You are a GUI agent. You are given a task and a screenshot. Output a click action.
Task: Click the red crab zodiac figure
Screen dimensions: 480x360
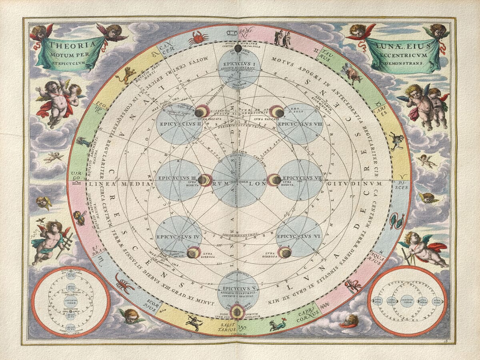tap(198, 38)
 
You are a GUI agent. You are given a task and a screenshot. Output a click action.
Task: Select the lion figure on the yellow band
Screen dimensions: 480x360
tap(127, 74)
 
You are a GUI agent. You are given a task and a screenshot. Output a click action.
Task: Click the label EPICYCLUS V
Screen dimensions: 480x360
tap(238, 288)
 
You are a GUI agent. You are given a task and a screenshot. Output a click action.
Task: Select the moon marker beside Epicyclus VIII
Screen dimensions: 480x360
tap(277, 112)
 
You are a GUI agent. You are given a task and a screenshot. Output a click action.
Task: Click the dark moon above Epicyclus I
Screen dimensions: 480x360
tap(238, 49)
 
